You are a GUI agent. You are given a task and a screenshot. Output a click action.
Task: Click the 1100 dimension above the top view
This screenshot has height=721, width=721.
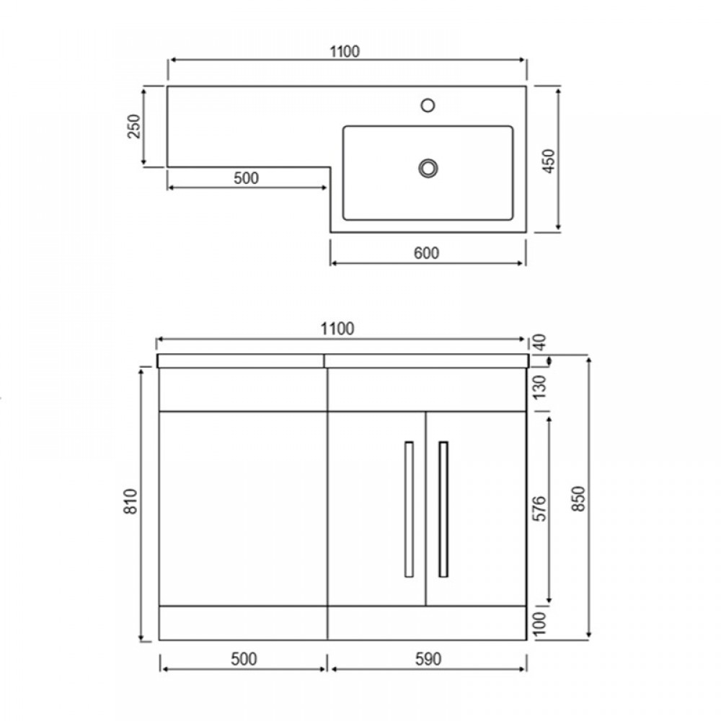[345, 51]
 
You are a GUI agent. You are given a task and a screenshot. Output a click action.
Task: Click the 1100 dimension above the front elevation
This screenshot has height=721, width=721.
[337, 329]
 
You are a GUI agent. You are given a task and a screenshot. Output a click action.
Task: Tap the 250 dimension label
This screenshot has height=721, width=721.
[133, 126]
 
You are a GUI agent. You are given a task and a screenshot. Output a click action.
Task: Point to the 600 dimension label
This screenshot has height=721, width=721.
[427, 252]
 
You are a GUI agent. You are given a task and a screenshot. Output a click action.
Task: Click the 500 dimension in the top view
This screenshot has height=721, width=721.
[246, 178]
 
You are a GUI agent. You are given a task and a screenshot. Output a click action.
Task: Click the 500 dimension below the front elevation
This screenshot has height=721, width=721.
[244, 658]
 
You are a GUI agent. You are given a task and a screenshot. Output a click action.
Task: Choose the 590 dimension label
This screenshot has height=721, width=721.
[427, 658]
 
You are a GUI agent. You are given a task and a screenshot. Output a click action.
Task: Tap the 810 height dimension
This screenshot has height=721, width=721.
[131, 503]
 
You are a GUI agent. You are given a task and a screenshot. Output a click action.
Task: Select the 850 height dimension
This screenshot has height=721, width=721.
[578, 497]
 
